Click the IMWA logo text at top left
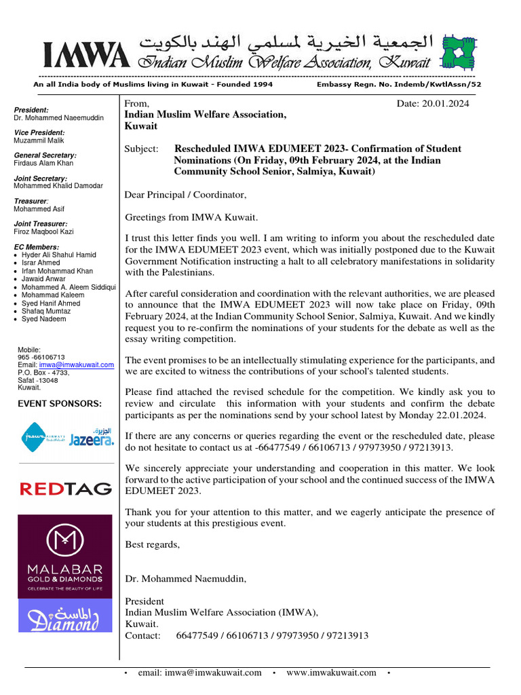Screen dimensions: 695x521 pyautogui.click(x=84, y=54)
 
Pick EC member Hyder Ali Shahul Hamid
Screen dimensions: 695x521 pyautogui.click(x=59, y=255)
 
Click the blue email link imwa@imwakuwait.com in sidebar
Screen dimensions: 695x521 pyautogui.click(x=76, y=364)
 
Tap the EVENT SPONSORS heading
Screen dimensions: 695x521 pyautogui.click(x=60, y=404)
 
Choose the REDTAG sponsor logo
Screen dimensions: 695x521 pyautogui.click(x=65, y=488)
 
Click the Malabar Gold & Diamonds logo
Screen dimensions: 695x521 pyautogui.click(x=65, y=557)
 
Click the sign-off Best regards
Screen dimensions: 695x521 pyautogui.click(x=153, y=544)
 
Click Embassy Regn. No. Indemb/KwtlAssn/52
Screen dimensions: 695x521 pyautogui.click(x=399, y=85)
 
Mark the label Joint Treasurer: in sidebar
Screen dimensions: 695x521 pyautogui.click(x=40, y=224)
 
